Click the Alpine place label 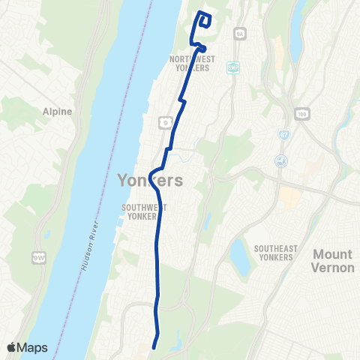click(58, 112)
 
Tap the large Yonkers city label click(151, 180)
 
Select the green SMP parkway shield click(232, 66)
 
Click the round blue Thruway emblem click(280, 160)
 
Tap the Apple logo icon click(12, 347)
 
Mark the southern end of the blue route click(154, 346)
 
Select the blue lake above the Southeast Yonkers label click(240, 256)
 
